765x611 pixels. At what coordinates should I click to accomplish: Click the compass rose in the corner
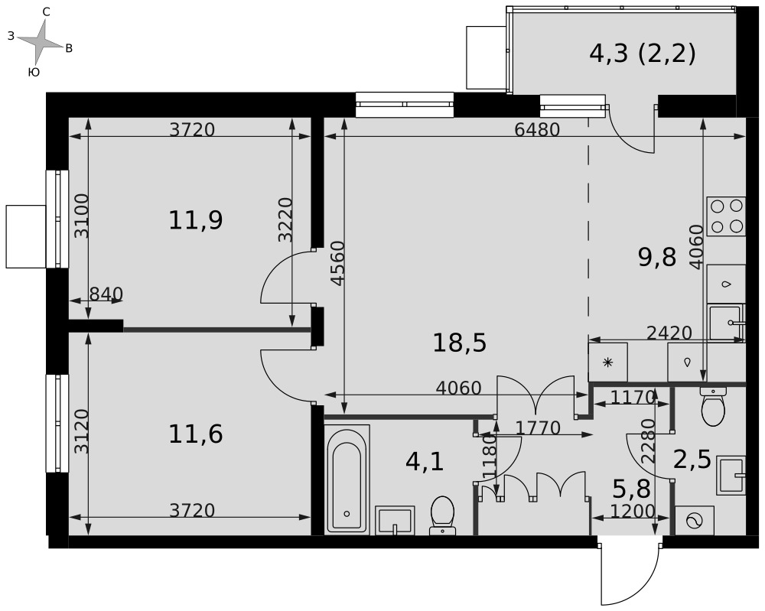coord(41,42)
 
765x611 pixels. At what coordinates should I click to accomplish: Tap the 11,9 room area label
coord(196,220)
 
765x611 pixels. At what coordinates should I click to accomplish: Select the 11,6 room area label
coord(196,434)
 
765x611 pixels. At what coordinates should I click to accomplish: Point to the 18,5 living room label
coord(460,343)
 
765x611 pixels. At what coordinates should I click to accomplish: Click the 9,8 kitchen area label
coord(657,257)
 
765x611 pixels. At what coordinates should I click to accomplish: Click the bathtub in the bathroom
coord(347,479)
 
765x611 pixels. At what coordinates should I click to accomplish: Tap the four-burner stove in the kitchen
coord(727,216)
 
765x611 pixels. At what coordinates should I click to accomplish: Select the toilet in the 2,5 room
coord(713,408)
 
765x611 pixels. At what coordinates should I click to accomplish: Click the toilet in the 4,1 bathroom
coord(442,515)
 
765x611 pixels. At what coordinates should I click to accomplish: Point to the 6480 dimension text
coord(537,130)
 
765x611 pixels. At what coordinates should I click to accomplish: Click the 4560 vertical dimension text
coord(337,263)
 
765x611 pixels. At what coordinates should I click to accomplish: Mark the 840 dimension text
coord(106,294)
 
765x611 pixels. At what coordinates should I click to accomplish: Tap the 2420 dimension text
coord(669,333)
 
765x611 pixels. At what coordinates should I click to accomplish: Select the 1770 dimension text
coord(538,428)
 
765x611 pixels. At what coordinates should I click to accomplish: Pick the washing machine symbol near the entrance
coord(695,521)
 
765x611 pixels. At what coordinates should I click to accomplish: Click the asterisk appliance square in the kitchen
coord(608,362)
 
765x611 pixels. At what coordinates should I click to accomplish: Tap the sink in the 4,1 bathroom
coord(395,520)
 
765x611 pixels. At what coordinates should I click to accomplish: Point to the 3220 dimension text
coord(285,219)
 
